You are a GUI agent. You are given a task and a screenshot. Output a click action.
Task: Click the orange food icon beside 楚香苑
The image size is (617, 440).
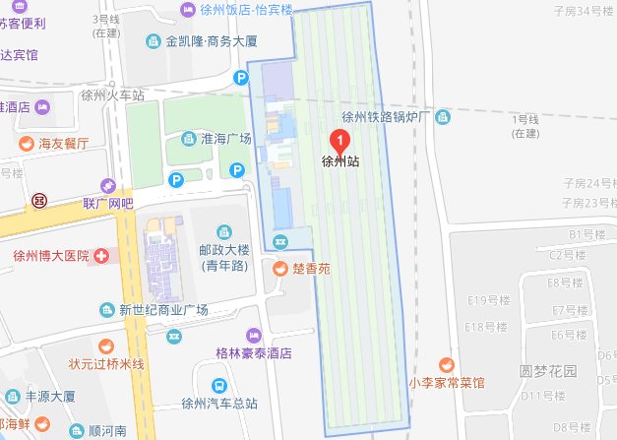(280, 267)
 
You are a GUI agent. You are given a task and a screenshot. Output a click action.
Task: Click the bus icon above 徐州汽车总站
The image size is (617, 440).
(218, 385)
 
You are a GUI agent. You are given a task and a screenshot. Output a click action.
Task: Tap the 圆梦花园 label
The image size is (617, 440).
(547, 372)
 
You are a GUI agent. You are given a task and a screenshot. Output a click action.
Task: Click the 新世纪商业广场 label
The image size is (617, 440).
(163, 310)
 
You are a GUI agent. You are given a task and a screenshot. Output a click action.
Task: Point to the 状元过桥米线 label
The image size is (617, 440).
(106, 364)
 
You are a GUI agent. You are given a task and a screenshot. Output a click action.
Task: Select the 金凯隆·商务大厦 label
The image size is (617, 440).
(212, 41)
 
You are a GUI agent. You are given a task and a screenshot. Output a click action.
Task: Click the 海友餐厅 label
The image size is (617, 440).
(64, 144)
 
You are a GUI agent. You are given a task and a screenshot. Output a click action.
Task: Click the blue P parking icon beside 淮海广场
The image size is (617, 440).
(176, 179)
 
